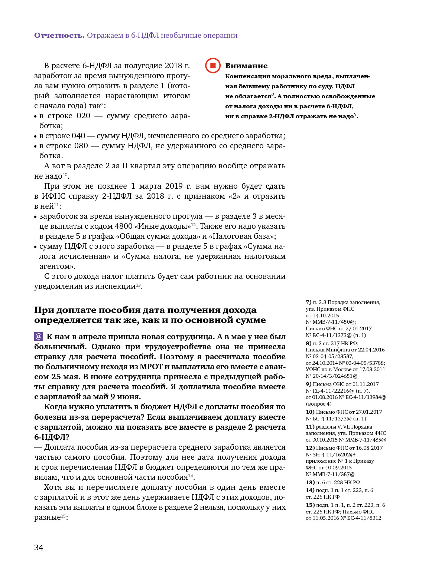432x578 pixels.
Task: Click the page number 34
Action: click(x=39, y=548)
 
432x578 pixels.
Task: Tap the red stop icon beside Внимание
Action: click(x=213, y=66)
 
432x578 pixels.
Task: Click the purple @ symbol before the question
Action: click(x=38, y=337)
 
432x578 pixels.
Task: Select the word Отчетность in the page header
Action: click(x=59, y=35)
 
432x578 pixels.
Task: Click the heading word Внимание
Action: click(x=246, y=66)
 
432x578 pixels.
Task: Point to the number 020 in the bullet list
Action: click(x=83, y=116)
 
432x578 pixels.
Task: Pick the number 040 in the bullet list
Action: click(x=78, y=136)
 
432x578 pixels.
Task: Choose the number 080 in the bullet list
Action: click(x=81, y=146)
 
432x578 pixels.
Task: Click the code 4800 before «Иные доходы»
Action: click(x=124, y=226)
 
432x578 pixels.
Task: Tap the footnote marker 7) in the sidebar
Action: click(x=308, y=302)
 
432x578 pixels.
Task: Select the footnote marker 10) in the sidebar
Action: click(x=310, y=412)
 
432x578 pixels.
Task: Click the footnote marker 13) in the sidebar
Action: click(x=310, y=482)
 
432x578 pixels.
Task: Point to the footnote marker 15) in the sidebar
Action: click(x=310, y=505)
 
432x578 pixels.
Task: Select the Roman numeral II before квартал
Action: click(x=125, y=166)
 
